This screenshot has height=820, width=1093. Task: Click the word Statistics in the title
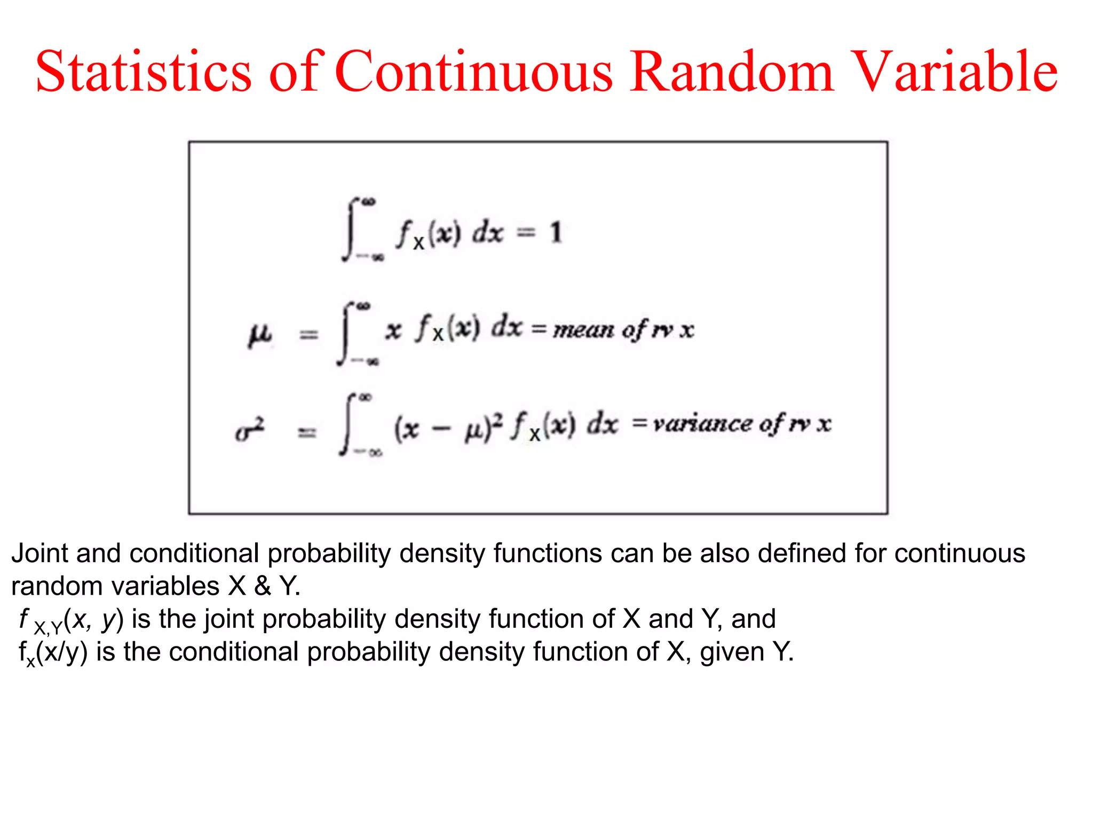[143, 72]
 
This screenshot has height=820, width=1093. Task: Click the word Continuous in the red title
[474, 72]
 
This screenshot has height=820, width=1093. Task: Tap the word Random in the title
[731, 72]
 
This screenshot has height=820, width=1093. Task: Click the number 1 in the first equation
[556, 233]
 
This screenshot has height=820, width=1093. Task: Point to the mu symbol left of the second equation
[260, 335]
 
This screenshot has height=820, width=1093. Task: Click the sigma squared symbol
[250, 430]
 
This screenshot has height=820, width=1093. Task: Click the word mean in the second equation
[583, 330]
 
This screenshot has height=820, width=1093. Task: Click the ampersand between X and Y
[262, 587]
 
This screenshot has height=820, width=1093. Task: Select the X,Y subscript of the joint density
[48, 628]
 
